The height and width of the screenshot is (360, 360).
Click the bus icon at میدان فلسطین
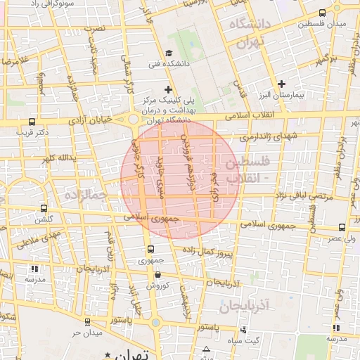pyautogui.click(x=322, y=13)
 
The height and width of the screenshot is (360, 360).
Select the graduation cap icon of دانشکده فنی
pyautogui.click(x=168, y=53)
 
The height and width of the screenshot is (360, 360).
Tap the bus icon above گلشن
pyautogui.click(x=44, y=209)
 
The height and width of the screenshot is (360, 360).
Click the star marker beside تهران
pyautogui.click(x=107, y=354)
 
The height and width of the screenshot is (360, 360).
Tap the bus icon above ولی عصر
pyautogui.click(x=342, y=227)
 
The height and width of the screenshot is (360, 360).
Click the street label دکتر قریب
pyautogui.click(x=33, y=131)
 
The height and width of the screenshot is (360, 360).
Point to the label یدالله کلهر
pyautogui.click(x=58, y=157)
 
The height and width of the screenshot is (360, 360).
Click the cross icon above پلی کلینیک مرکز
pyautogui.click(x=168, y=89)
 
